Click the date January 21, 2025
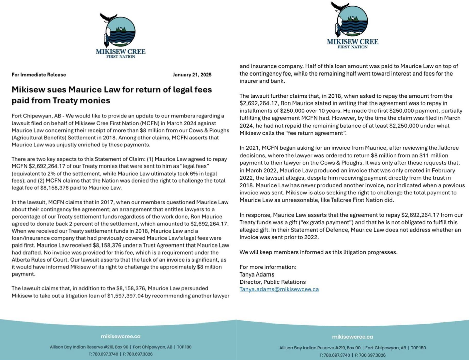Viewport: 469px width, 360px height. point(192,75)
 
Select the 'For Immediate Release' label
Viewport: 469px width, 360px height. point(39,75)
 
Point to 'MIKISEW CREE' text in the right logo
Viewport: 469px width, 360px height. point(352,42)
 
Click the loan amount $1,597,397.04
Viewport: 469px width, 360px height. point(125,296)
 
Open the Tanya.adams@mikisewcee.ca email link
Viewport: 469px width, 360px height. point(279,289)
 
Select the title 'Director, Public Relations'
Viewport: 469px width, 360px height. point(272,282)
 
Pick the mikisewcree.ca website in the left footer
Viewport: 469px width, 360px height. point(120,337)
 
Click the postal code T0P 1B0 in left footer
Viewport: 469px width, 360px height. point(184,347)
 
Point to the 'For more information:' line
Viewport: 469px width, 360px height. point(268,267)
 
